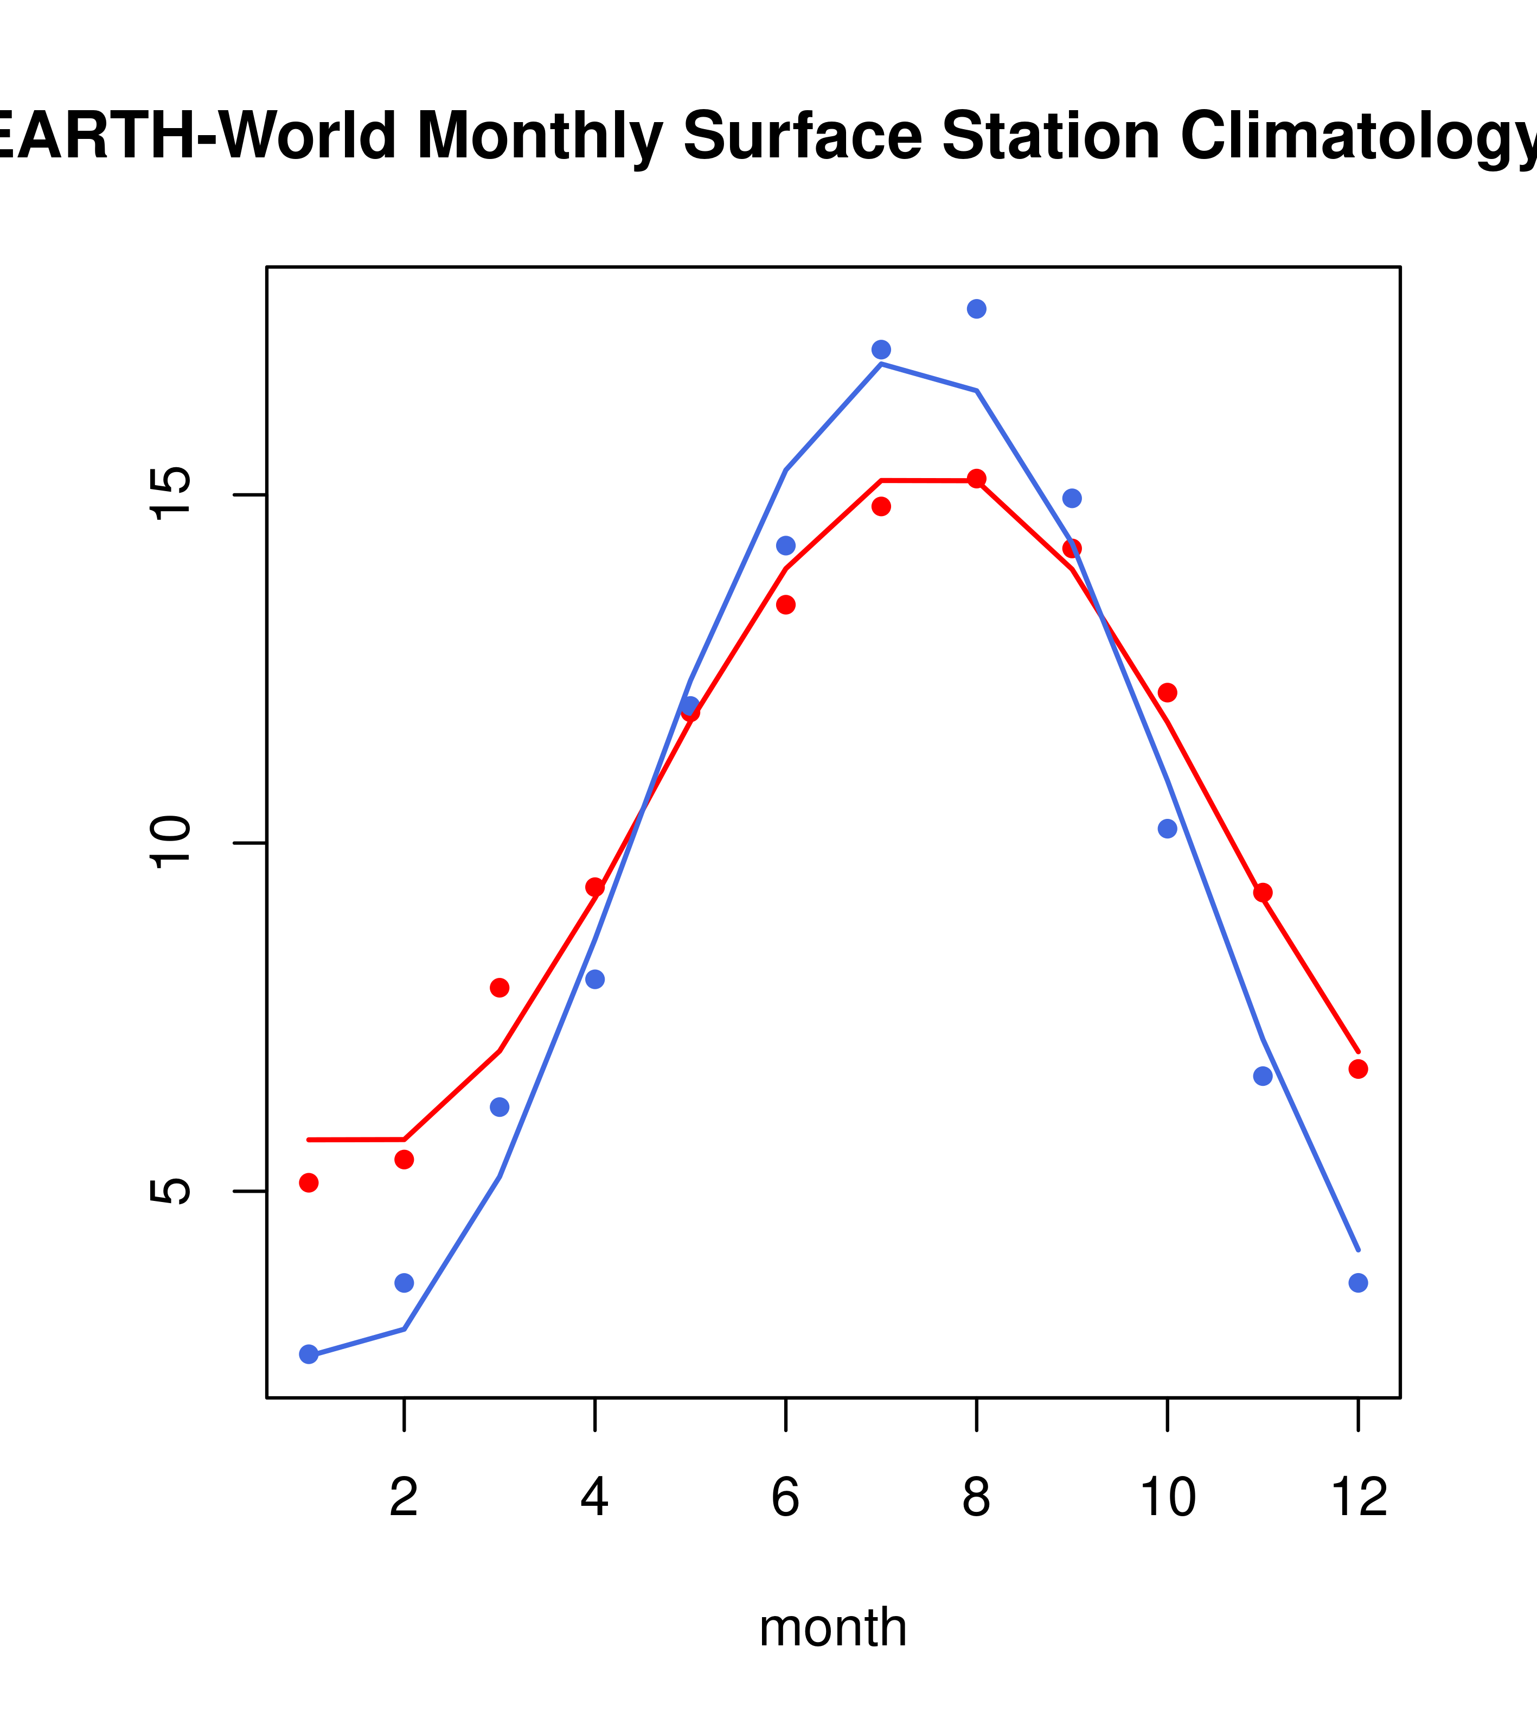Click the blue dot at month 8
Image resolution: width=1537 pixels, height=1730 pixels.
pyautogui.click(x=976, y=309)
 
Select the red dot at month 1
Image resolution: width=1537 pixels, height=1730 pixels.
pyautogui.click(x=309, y=1182)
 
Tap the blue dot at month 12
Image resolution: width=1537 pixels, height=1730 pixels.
pyautogui.click(x=1357, y=1283)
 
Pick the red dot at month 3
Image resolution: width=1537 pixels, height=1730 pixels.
pyautogui.click(x=499, y=988)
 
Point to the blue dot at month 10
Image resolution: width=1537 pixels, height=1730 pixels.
pyautogui.click(x=1167, y=829)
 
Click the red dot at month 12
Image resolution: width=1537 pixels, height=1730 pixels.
pyautogui.click(x=1357, y=1069)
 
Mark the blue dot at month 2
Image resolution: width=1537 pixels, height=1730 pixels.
pyautogui.click(x=405, y=1283)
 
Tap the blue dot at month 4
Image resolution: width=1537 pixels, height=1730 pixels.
pyautogui.click(x=594, y=980)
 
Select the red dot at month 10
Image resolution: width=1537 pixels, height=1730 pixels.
pyautogui.click(x=1167, y=693)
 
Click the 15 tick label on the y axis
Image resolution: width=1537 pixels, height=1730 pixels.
pyautogui.click(x=169, y=495)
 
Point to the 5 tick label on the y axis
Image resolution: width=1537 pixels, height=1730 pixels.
pyautogui.click(x=169, y=1191)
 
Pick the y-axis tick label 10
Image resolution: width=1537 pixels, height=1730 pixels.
pyautogui.click(x=169, y=843)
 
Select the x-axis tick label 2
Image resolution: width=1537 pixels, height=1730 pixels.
pyautogui.click(x=405, y=1497)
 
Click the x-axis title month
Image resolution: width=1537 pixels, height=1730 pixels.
pyautogui.click(x=833, y=1627)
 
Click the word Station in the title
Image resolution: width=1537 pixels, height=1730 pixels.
pyautogui.click(x=1051, y=136)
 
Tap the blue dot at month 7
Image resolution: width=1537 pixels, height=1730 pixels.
pyautogui.click(x=881, y=349)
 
